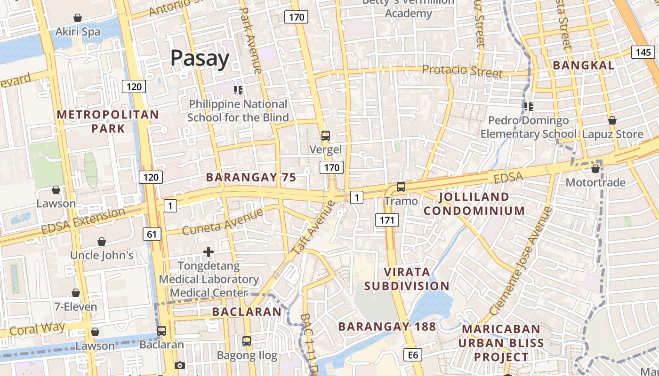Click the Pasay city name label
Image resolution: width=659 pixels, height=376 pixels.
click(x=200, y=58)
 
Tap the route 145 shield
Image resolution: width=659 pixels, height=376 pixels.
click(x=643, y=52)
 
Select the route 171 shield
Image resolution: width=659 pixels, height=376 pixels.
click(x=387, y=219)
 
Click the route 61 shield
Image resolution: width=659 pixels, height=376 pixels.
click(x=153, y=234)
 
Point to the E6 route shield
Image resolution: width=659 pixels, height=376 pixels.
click(x=413, y=355)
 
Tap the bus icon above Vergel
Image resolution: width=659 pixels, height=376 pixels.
click(x=325, y=136)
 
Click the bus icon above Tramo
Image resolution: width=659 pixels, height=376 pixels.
click(x=401, y=187)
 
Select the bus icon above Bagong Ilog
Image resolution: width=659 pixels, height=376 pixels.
click(x=247, y=341)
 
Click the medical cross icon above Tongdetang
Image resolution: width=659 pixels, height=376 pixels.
click(x=209, y=252)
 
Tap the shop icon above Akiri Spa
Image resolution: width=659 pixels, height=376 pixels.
click(x=78, y=18)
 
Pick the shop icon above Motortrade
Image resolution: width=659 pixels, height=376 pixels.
click(x=595, y=168)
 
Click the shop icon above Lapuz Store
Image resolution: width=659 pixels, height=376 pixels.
click(x=612, y=120)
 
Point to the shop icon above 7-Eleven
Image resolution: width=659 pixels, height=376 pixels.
click(x=76, y=293)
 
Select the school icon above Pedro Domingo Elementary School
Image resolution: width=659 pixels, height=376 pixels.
click(x=529, y=107)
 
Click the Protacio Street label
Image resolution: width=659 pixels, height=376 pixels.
click(x=462, y=71)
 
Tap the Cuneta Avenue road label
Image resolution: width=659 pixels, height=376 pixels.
click(x=222, y=222)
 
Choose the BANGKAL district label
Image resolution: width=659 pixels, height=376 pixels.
click(x=583, y=65)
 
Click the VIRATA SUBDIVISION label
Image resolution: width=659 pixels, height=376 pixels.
click(x=407, y=279)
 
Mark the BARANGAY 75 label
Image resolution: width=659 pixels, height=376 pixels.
click(x=251, y=177)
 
